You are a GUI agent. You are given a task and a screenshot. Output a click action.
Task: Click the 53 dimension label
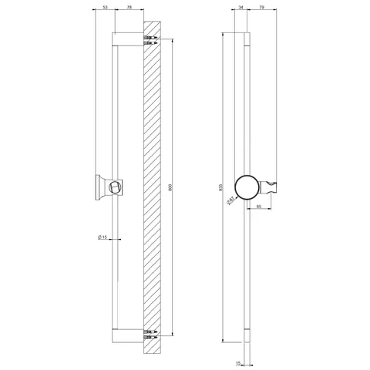(x=105, y=8)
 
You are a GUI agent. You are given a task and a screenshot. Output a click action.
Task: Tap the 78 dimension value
(x=129, y=8)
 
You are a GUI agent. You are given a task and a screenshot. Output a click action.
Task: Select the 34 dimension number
(x=240, y=8)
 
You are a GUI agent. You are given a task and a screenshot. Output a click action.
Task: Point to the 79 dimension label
(x=261, y=8)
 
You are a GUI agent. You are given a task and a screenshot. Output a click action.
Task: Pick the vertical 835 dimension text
(x=220, y=187)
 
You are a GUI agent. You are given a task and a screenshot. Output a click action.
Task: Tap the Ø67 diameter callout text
(x=230, y=200)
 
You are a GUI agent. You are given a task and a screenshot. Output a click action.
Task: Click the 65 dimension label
(x=259, y=206)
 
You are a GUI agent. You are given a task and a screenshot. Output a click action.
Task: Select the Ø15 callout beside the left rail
(x=103, y=237)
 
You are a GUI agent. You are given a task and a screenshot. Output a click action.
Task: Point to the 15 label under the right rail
(x=238, y=363)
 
